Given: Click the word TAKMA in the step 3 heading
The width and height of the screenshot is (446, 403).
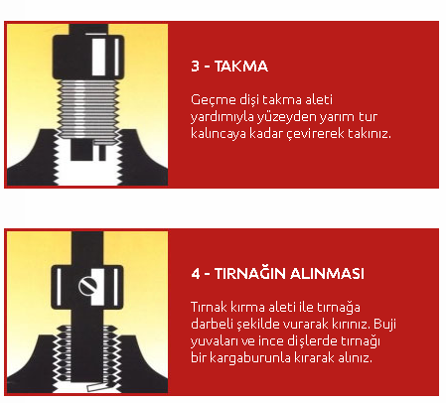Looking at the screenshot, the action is click(241, 67).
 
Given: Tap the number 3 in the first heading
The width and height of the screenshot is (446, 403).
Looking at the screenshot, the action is click(195, 67).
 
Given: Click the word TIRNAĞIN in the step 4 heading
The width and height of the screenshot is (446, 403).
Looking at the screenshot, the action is click(249, 274).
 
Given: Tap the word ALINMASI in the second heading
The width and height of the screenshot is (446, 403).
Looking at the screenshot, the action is click(327, 274).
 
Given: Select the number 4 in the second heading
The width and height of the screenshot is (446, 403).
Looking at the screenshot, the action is click(196, 274).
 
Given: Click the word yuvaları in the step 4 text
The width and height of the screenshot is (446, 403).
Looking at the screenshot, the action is click(214, 341).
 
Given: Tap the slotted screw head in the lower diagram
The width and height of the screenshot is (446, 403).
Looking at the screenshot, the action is click(87, 286).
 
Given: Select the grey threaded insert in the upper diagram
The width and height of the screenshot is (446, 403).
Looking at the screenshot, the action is click(87, 109).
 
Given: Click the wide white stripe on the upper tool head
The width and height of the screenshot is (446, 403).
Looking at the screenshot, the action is click(98, 57).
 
